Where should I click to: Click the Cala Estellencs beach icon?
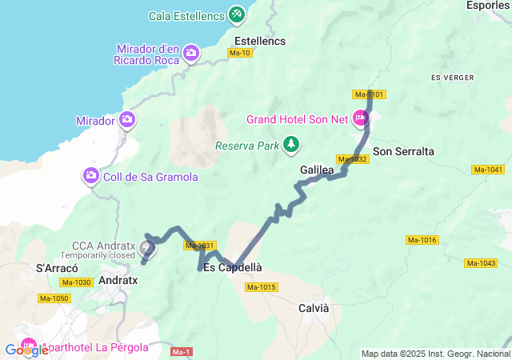pyautogui.click(x=237, y=14)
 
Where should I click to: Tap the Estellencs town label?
pyautogui.click(x=260, y=40)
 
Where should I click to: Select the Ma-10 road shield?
pyautogui.click(x=240, y=53)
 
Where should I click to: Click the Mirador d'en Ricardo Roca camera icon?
pyautogui.click(x=191, y=54)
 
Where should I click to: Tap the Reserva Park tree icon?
pyautogui.click(x=293, y=144)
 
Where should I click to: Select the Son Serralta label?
pyautogui.click(x=403, y=150)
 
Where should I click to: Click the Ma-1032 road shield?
pyautogui.click(x=353, y=159)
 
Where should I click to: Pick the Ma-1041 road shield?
pyautogui.click(x=488, y=169)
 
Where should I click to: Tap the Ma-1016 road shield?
pyautogui.click(x=422, y=240)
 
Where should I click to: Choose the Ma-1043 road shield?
pyautogui.click(x=481, y=263)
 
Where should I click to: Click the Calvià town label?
pyautogui.click(x=314, y=307)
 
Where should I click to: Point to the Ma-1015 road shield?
pyautogui.click(x=262, y=287)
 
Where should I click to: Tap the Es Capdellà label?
pyautogui.click(x=233, y=267)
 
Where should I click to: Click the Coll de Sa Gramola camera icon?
pyautogui.click(x=91, y=175)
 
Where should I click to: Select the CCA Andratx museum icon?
pyautogui.click(x=148, y=246)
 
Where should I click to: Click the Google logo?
pyautogui.click(x=26, y=350)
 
